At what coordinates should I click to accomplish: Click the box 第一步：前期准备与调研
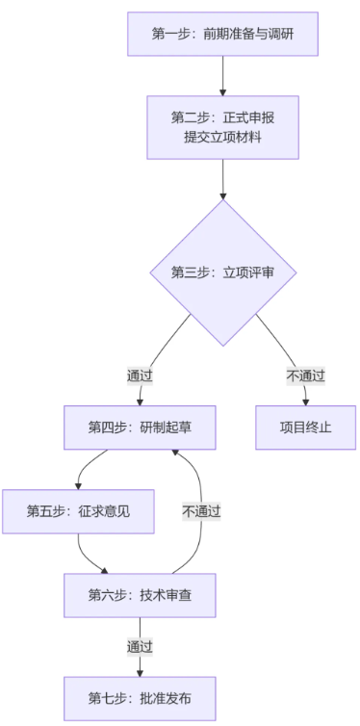click(222, 34)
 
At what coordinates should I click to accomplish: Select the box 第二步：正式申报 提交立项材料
click(222, 127)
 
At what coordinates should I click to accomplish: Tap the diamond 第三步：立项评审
click(222, 272)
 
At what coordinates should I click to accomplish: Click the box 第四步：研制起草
click(139, 427)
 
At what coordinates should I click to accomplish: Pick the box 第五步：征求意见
click(78, 511)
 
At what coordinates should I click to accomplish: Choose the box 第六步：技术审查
click(139, 595)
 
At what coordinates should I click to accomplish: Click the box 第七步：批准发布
click(139, 697)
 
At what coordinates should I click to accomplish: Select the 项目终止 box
click(306, 427)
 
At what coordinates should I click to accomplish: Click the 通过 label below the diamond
click(140, 375)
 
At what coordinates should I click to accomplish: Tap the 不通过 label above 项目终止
click(305, 375)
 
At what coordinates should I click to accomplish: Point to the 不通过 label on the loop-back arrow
click(201, 511)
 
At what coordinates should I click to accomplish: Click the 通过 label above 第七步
click(139, 646)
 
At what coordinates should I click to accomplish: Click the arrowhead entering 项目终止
click(306, 401)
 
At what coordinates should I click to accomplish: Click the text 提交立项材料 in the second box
click(222, 137)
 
